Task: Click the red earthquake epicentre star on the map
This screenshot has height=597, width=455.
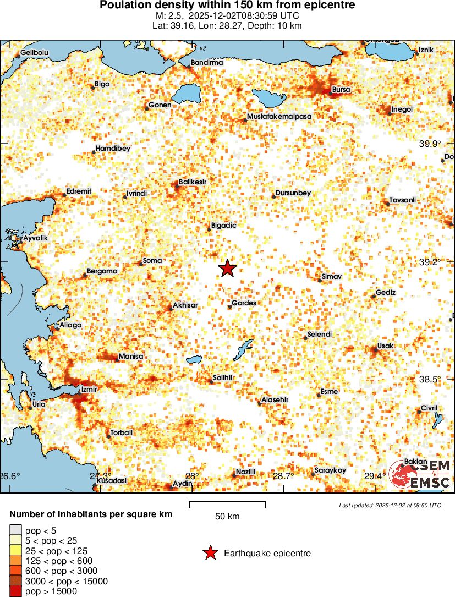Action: coord(227,269)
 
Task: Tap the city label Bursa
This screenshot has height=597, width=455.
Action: coord(342,90)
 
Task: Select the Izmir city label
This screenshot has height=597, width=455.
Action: coord(89,390)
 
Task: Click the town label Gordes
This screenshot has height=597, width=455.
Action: coord(243,303)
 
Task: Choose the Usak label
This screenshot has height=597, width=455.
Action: coord(385,346)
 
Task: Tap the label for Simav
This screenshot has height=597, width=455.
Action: coord(332,276)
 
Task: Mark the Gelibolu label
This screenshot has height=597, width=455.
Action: coord(35,53)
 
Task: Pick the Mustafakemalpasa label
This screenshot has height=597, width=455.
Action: coord(279,117)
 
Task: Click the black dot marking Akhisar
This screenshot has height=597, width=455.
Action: coord(171,308)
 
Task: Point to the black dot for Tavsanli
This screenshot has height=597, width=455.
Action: coord(387,204)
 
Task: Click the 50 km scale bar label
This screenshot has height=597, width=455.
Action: coord(227,516)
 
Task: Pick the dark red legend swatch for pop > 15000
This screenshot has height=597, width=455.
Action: coord(15,591)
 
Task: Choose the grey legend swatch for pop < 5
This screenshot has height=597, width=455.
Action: coord(15,531)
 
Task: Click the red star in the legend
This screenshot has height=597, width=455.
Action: coord(209,554)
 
